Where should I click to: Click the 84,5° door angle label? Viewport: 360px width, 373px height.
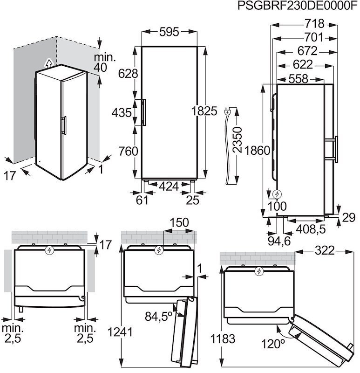tap(158, 317)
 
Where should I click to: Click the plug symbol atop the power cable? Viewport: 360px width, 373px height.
tap(228, 111)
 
